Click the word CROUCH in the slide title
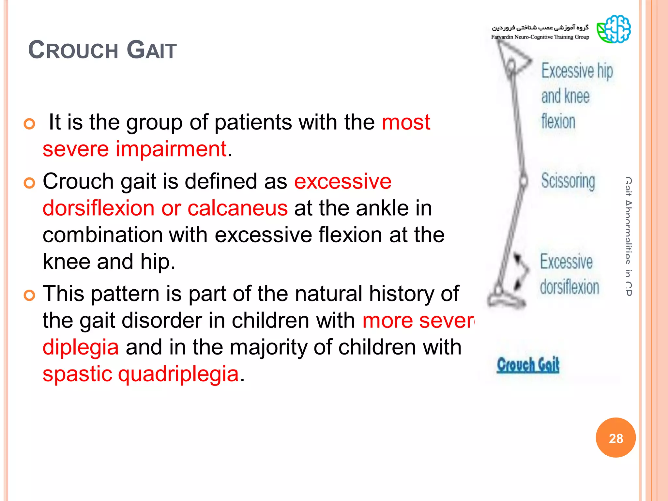73,51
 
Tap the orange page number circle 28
615,438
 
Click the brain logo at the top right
614,29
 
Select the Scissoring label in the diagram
568,181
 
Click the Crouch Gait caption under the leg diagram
528,365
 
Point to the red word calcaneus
237,208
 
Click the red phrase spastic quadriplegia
141,374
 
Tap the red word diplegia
81,347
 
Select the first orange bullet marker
29,124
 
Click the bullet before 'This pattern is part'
29,296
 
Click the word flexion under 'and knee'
558,122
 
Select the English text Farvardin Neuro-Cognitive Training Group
540,37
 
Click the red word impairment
171,149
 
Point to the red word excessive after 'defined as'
342,181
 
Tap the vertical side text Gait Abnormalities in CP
629,236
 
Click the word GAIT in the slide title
151,51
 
